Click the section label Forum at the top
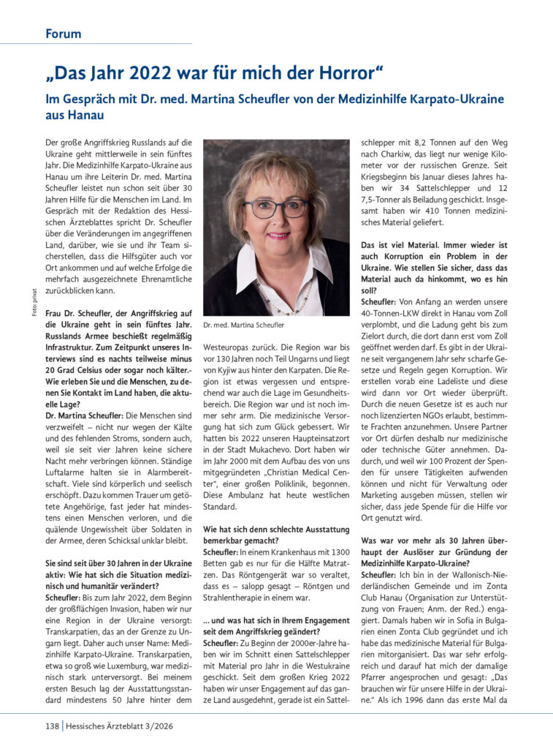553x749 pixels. coord(63,34)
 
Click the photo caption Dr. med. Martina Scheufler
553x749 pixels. coord(244,325)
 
